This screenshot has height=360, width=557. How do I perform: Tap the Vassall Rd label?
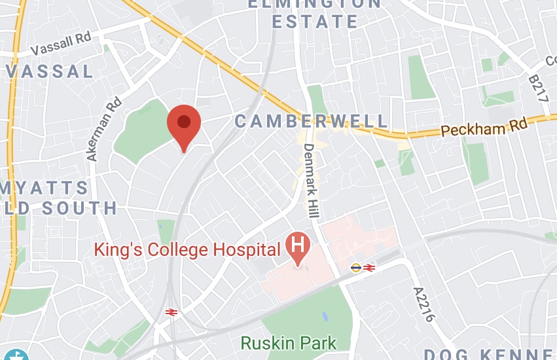tap(60, 43)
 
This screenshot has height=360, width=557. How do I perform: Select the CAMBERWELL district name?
tap(312, 121)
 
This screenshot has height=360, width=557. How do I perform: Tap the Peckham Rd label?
tap(484, 126)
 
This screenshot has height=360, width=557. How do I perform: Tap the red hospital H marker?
tap(298, 247)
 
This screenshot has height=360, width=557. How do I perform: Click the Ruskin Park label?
tap(289, 342)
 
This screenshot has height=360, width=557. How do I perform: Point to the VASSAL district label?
tap(48, 71)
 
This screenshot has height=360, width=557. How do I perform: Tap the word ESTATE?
tap(315, 22)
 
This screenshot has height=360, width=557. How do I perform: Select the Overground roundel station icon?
tap(355, 267)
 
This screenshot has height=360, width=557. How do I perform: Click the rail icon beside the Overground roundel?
tap(368, 267)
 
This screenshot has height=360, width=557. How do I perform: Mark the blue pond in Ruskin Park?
tap(325, 316)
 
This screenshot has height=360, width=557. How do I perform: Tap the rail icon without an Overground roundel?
tap(173, 313)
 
